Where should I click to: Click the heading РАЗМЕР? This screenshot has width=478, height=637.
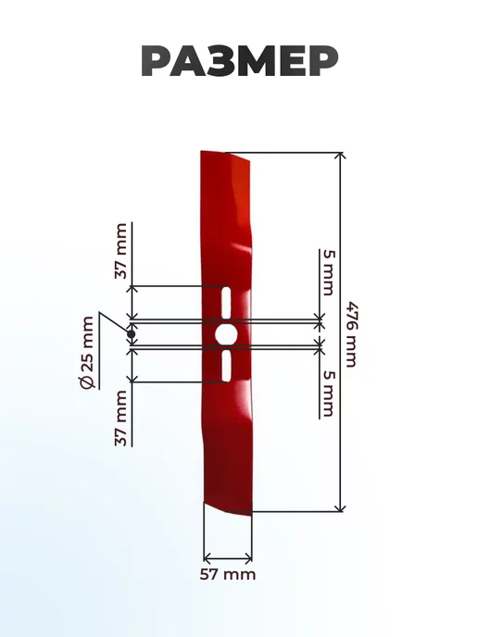[240, 61]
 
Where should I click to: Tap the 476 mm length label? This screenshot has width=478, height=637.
[351, 334]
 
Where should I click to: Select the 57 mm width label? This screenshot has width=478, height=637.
[228, 574]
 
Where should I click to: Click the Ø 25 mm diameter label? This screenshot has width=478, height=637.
[88, 353]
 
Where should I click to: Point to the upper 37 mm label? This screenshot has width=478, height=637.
[121, 251]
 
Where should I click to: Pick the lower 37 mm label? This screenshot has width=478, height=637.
[121, 418]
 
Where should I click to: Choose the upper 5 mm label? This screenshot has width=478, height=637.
[329, 272]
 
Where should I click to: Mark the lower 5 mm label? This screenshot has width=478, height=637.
[329, 394]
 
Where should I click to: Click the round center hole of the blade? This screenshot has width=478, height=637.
[226, 334]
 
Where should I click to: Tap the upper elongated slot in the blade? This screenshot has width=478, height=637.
[226, 303]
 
